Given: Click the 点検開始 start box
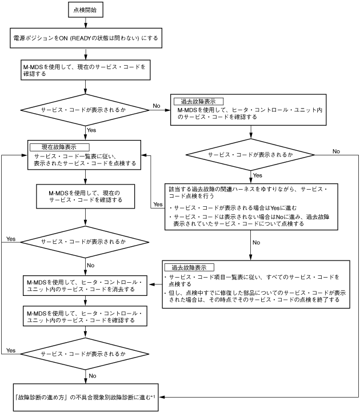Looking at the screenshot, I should click(x=85, y=10).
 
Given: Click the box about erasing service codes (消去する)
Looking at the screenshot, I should click(x=85, y=286).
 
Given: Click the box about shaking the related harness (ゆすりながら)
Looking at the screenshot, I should click(x=251, y=206).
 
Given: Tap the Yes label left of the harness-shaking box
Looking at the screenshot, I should click(x=158, y=204).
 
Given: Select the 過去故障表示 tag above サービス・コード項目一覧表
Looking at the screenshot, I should click(x=189, y=267).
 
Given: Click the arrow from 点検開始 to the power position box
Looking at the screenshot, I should click(x=85, y=23).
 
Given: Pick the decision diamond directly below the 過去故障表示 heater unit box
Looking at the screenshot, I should click(x=251, y=155).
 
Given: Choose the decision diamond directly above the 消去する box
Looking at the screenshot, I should click(x=85, y=242).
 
